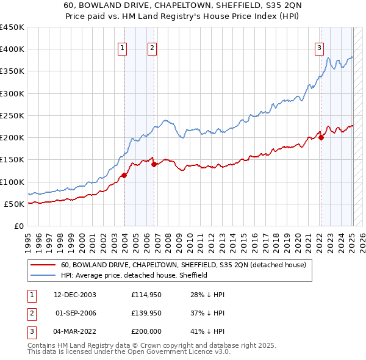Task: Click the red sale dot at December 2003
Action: [124, 175]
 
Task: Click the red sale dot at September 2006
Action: [154, 164]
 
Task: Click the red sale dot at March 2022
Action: [321, 137]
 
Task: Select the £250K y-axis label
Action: [12, 115]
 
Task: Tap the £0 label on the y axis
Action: [18, 226]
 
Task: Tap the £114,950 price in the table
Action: [146, 295]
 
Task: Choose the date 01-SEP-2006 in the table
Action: [76, 313]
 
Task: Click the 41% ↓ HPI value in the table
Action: [207, 331]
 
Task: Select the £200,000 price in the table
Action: [146, 331]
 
